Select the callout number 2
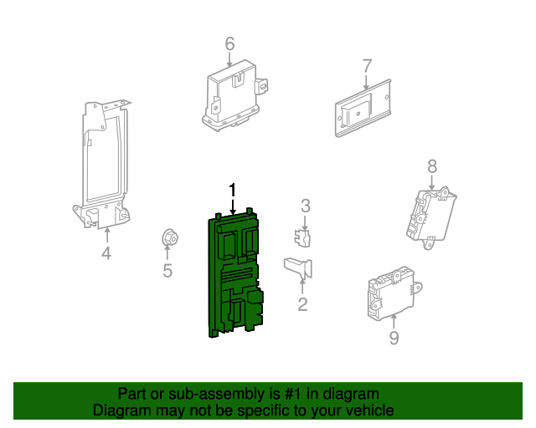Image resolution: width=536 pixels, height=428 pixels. [x=302, y=305]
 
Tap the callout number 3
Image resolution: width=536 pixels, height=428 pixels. [x=306, y=206]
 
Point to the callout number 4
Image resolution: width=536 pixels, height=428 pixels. [x=106, y=253]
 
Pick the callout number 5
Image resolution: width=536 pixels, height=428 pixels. [x=167, y=270]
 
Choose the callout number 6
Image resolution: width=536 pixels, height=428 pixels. [x=229, y=43]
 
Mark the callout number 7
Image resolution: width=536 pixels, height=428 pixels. [x=367, y=65]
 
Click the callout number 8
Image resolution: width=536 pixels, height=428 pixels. [x=432, y=166]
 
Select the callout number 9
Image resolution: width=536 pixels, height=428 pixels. [x=394, y=338]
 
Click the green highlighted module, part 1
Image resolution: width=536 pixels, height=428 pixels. [x=234, y=276]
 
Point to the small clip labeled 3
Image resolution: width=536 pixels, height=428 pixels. [x=304, y=237]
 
